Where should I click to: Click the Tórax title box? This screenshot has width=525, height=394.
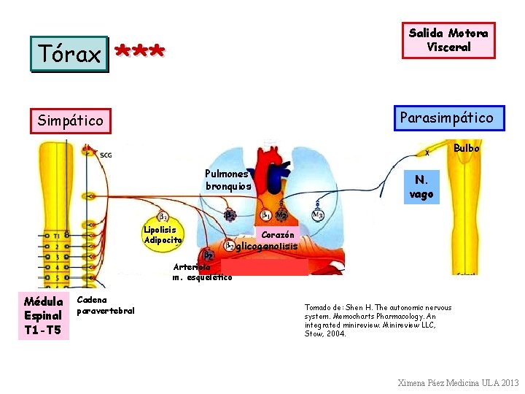69,53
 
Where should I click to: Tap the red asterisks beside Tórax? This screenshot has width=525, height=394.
141,52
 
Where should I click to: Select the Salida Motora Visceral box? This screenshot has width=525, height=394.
448,40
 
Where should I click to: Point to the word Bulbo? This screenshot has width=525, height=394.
467,148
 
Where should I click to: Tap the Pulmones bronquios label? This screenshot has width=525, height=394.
228,180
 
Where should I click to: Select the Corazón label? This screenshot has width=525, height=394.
278,234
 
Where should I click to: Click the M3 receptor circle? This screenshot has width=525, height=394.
317,215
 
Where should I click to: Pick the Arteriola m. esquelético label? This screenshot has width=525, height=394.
203,272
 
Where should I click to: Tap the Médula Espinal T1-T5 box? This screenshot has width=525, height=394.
42,316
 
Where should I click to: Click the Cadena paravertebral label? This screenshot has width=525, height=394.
106,305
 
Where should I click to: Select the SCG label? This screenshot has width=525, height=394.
106,155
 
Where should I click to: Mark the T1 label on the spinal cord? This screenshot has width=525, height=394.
56,236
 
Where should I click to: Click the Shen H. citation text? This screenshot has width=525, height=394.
378,320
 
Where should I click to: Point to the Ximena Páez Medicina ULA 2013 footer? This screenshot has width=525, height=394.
458,382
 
